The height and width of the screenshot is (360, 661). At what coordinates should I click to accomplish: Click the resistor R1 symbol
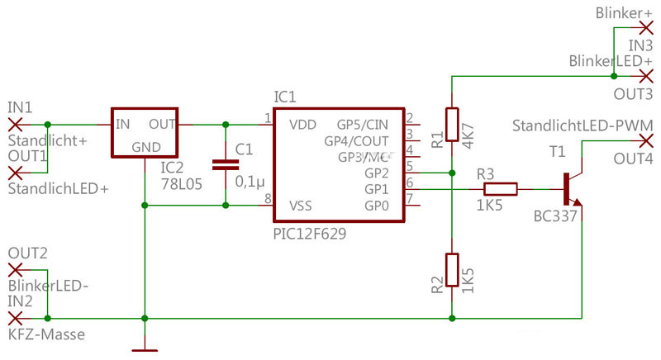click(x=452, y=125)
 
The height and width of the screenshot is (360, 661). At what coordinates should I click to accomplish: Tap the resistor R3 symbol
click(x=500, y=189)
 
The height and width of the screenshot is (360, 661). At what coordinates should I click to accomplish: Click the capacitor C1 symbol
click(x=225, y=164)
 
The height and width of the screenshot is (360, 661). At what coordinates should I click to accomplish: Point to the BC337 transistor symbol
click(x=571, y=189)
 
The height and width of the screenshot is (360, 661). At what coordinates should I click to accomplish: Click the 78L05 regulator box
click(x=145, y=134)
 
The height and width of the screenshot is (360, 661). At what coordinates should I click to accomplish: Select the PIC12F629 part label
click(x=309, y=234)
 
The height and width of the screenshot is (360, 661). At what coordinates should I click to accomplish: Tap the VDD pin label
click(x=302, y=125)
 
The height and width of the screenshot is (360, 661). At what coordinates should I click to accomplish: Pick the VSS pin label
click(x=302, y=204)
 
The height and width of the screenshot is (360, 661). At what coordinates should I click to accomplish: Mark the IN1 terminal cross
click(x=14, y=125)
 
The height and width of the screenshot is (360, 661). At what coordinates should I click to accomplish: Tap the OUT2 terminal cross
click(x=14, y=269)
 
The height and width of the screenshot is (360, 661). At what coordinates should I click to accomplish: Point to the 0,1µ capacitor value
click(x=250, y=180)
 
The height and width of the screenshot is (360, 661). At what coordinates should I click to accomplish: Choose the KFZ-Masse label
click(x=46, y=334)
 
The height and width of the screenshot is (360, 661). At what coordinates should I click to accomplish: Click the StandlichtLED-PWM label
click(x=583, y=126)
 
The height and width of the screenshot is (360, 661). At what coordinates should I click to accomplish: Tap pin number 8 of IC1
click(x=267, y=198)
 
